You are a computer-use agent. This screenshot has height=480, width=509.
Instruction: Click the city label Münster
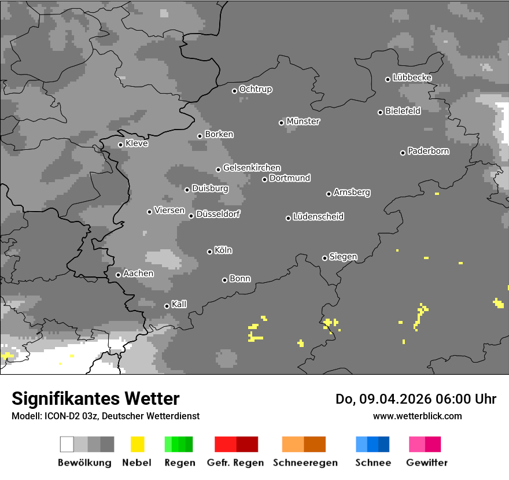(x=303, y=121)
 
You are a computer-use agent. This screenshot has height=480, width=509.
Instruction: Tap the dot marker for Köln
(x=209, y=252)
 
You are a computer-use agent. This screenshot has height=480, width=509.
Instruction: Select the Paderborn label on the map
(x=429, y=151)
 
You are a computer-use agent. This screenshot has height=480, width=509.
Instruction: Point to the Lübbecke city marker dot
(x=388, y=79)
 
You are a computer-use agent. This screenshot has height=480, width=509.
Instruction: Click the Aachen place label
(x=138, y=273)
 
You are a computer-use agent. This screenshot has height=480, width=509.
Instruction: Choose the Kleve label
(x=137, y=143)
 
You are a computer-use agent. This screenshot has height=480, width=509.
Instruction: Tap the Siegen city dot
(x=324, y=258)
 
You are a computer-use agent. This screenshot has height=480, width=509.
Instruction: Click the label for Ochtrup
(x=256, y=89)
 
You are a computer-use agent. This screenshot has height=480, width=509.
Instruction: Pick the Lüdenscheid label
(x=318, y=217)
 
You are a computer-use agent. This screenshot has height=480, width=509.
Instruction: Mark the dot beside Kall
(x=167, y=306)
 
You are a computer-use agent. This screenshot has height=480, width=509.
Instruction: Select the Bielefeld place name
(x=403, y=110)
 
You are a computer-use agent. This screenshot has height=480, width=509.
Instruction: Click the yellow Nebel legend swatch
(x=137, y=444)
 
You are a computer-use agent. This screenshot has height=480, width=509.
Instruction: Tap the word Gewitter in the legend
(x=427, y=463)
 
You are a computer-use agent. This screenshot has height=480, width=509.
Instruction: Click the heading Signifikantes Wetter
(x=95, y=398)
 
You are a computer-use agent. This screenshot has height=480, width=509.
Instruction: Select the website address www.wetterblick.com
(x=417, y=416)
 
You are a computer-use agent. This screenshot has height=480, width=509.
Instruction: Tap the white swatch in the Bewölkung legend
(x=67, y=444)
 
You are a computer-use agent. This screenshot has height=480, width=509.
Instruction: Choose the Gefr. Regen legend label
(x=235, y=463)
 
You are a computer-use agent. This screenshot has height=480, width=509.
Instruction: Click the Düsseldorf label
(x=218, y=214)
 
